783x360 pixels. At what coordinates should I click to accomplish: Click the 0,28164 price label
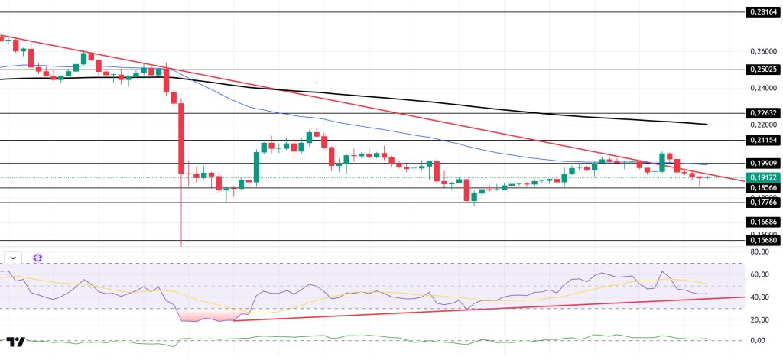pyautogui.click(x=762, y=12)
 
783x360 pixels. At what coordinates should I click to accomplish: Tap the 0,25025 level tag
pyautogui.click(x=762, y=69)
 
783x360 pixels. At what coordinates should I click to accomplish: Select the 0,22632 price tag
pyautogui.click(x=762, y=112)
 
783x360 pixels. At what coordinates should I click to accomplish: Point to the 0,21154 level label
pyautogui.click(x=762, y=140)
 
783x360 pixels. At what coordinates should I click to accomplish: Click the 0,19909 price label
pyautogui.click(x=762, y=163)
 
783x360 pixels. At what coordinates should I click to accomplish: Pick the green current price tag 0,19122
pyautogui.click(x=762, y=177)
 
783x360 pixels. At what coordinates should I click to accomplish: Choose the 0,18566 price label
pyautogui.click(x=762, y=187)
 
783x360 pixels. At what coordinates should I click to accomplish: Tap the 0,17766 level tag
pyautogui.click(x=762, y=203)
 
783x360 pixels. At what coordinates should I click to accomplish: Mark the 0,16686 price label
pyautogui.click(x=762, y=222)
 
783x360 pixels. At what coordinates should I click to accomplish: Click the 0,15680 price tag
pyautogui.click(x=762, y=240)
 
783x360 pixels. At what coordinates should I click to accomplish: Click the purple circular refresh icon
pyautogui.click(x=37, y=258)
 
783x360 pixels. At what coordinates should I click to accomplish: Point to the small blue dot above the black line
pyautogui.click(x=316, y=82)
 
